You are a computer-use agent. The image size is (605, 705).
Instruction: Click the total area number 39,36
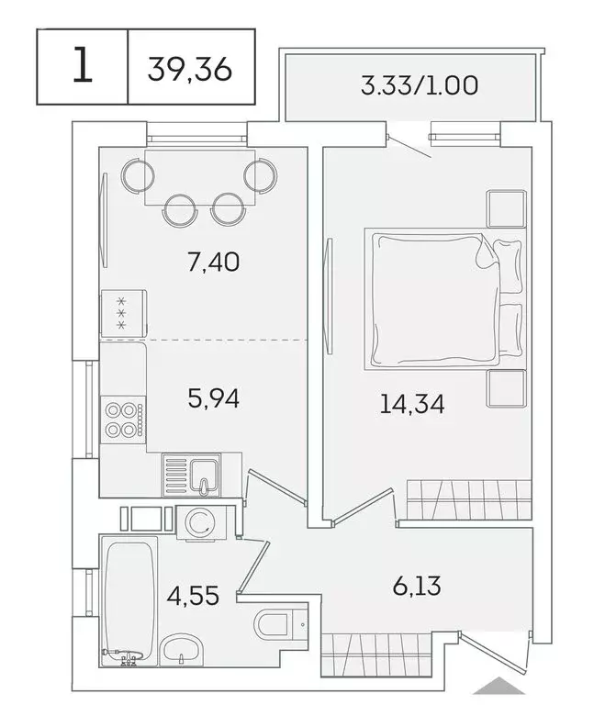coord(190,68)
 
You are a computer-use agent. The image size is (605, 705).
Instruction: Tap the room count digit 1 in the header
coord(82,67)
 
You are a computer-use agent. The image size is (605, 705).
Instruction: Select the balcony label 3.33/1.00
coord(409,88)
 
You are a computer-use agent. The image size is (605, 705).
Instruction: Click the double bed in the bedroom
coord(431,297)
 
